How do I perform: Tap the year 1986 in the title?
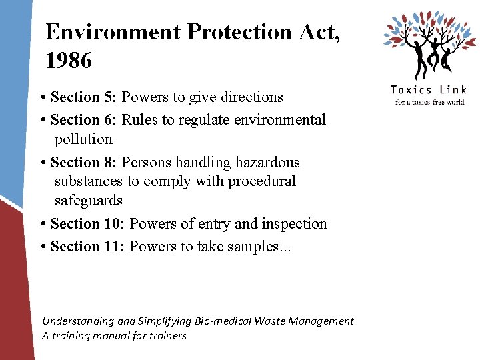[x=69, y=61]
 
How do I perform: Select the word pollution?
[x=84, y=139]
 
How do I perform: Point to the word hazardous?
[x=266, y=163]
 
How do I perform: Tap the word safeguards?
[x=89, y=201]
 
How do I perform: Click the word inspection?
[x=293, y=224]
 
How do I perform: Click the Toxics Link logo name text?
[x=428, y=90]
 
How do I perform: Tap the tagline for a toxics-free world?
[x=429, y=102]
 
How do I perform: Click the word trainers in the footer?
[x=169, y=336]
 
